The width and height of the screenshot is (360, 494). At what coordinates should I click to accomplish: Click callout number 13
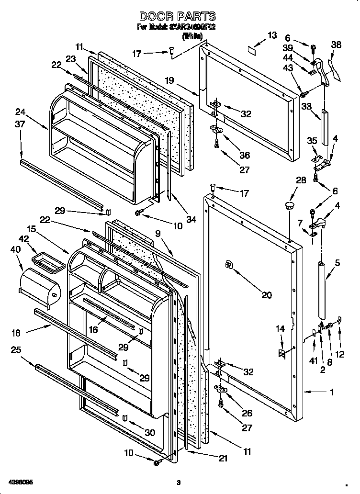click(272, 35)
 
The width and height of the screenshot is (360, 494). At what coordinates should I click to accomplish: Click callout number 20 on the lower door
click(267, 295)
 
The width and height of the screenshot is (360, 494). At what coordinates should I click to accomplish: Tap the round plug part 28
click(289, 206)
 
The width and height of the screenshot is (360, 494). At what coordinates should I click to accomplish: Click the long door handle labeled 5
click(322, 291)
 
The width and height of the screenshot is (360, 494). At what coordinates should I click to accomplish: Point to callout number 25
click(16, 350)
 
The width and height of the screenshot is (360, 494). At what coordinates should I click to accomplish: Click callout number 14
click(280, 328)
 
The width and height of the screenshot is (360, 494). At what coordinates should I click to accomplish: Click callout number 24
click(20, 112)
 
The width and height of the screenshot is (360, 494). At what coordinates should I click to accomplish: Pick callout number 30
click(150, 432)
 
